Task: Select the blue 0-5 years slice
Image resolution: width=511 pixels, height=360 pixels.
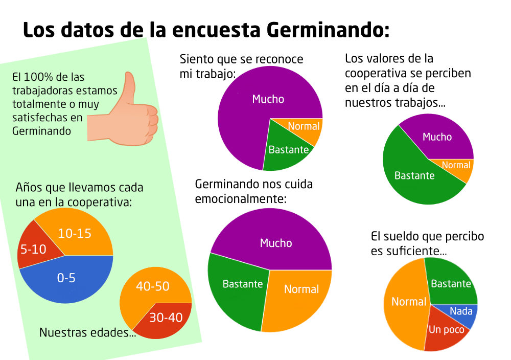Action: tap(66, 280)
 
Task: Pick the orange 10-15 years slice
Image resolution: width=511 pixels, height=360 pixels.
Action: tap(77, 233)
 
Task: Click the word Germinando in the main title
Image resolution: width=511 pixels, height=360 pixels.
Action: tap(328, 30)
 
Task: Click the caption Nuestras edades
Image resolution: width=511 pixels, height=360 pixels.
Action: tap(87, 333)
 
